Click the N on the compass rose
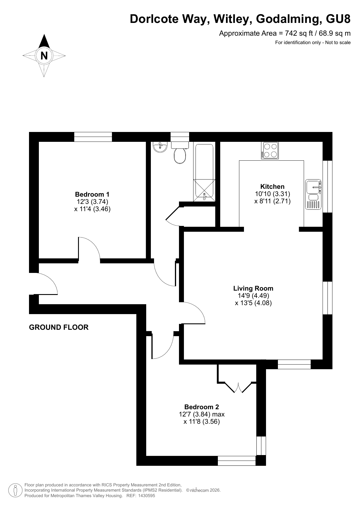click(44, 55)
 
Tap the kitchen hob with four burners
click(270, 150)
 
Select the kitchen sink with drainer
click(313, 194)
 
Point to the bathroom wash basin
click(160, 147)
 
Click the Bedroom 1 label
click(92, 194)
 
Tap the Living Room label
click(253, 288)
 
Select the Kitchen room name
click(272, 186)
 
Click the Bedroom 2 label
click(202, 407)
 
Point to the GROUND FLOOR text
click(59, 327)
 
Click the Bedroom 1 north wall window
click(93, 137)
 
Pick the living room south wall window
click(294, 364)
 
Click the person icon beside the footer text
click(15, 490)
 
